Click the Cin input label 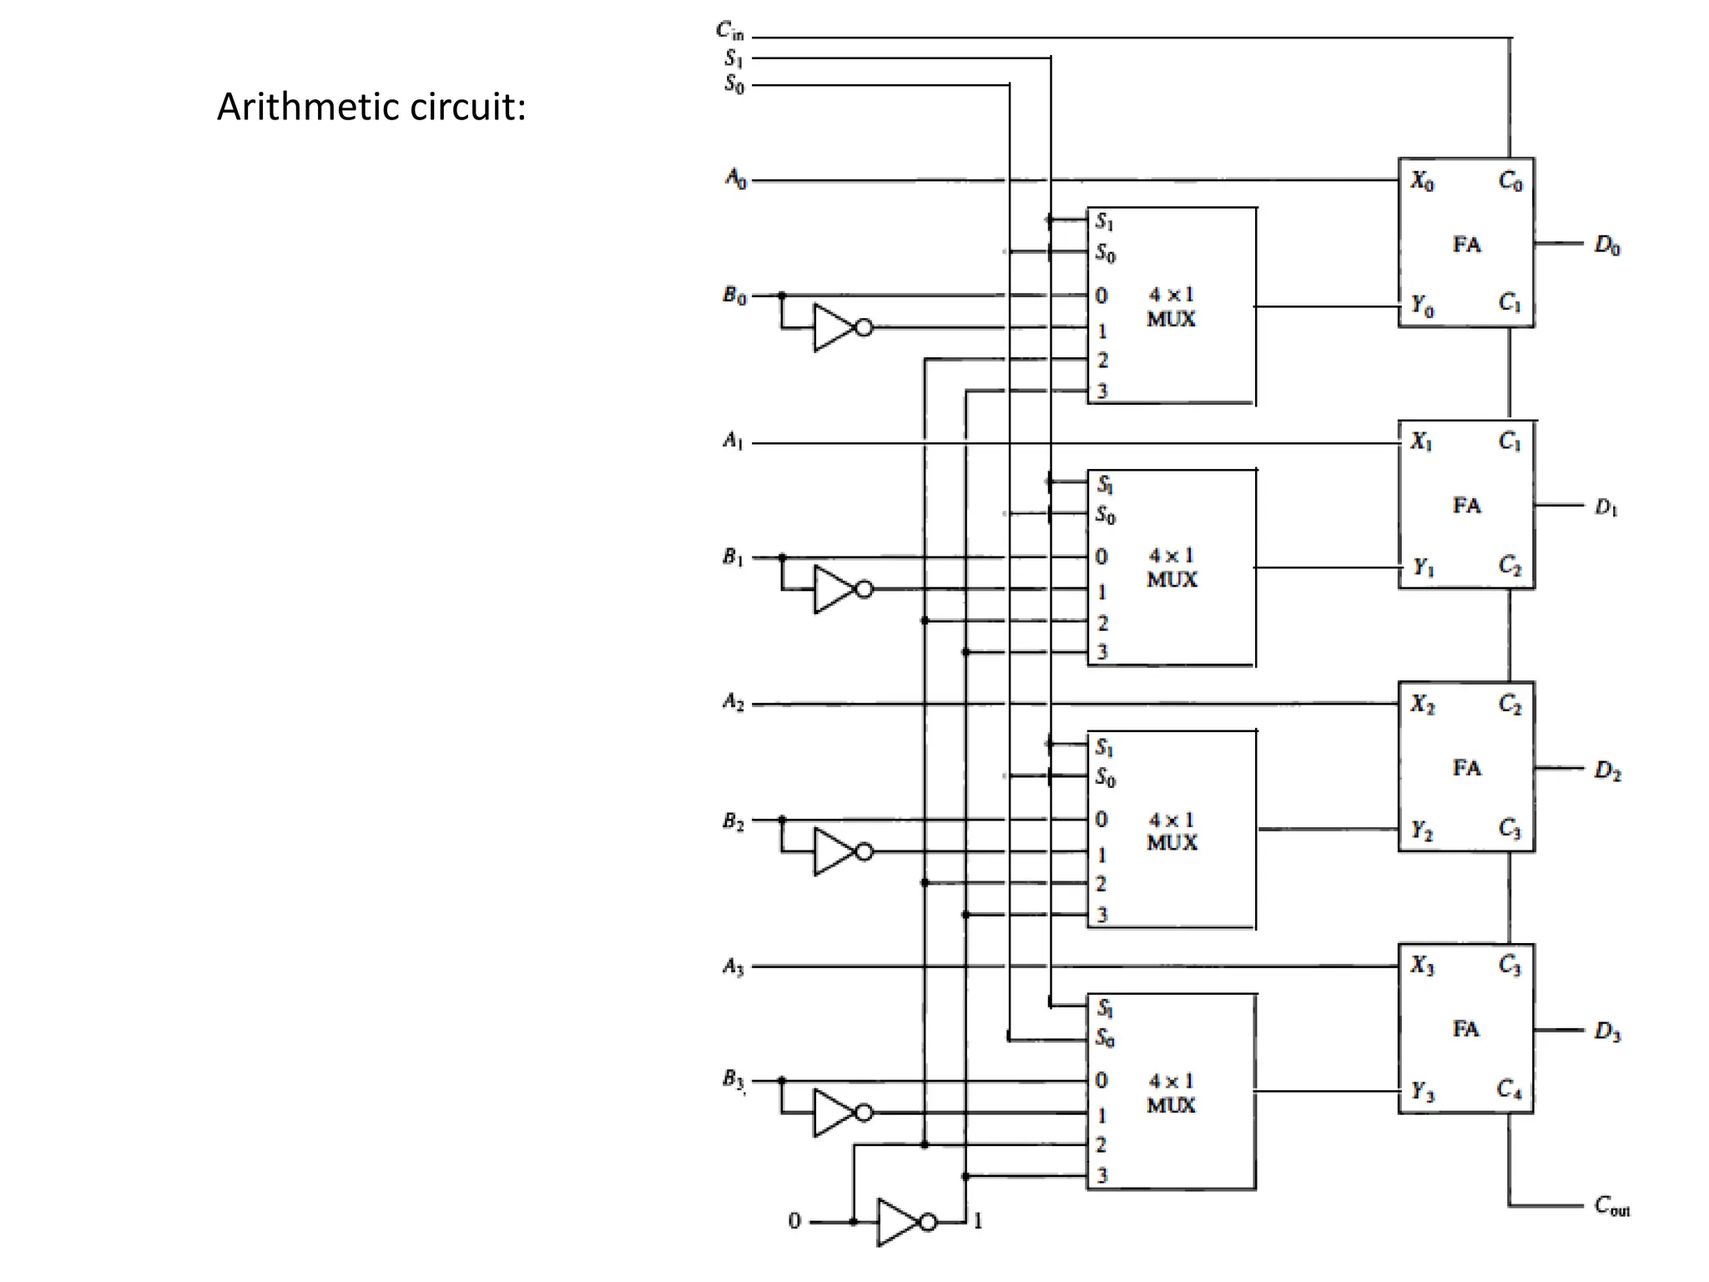[x=729, y=32]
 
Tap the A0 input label [x=735, y=178]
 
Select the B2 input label [x=734, y=821]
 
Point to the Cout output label [x=1611, y=1206]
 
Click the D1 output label [x=1606, y=507]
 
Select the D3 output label [x=1606, y=1031]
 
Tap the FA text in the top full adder [x=1466, y=245]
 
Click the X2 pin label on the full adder [x=1422, y=704]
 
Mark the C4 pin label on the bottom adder [x=1509, y=1088]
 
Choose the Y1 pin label [x=1423, y=568]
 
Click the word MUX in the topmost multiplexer [x=1171, y=319]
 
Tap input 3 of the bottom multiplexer [x=1102, y=1175]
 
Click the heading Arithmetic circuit [x=371, y=107]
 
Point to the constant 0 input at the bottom [x=794, y=1221]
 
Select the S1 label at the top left [x=733, y=58]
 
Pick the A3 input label [x=733, y=967]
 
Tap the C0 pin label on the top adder [x=1510, y=180]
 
